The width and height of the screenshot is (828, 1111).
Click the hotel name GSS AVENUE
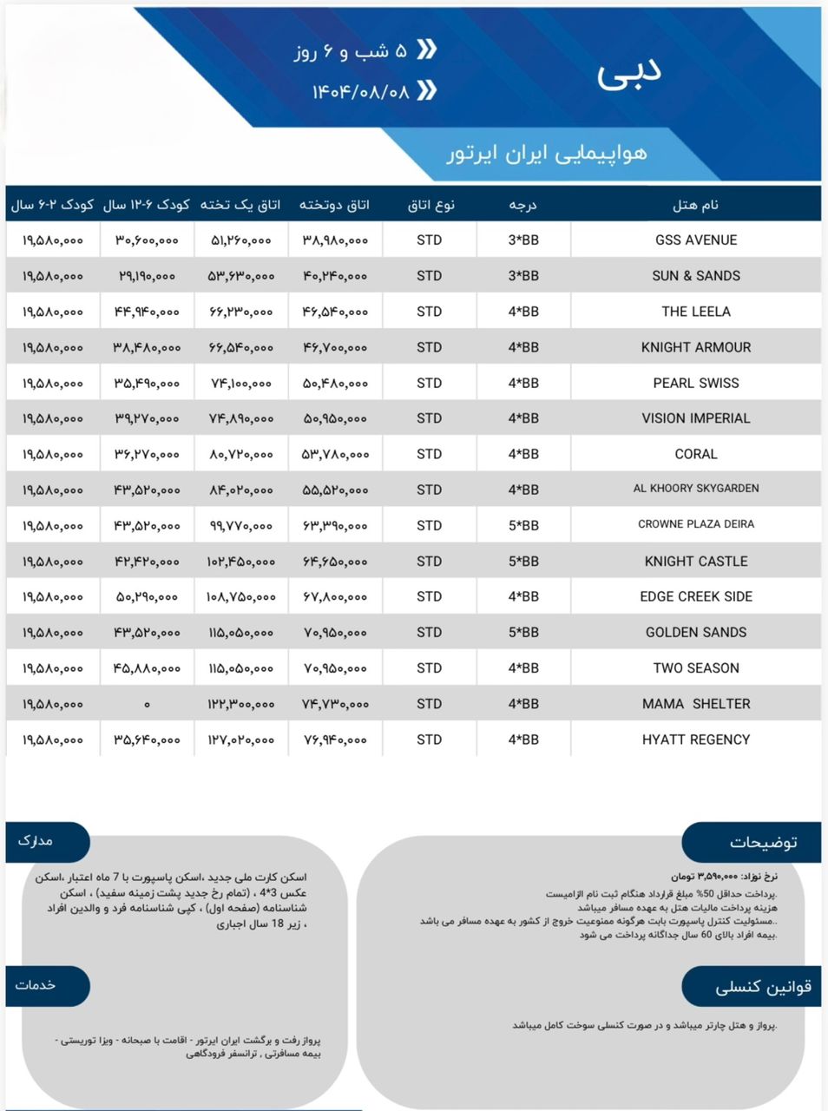pyautogui.click(x=696, y=240)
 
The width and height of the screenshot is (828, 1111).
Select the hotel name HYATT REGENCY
pyautogui.click(x=696, y=740)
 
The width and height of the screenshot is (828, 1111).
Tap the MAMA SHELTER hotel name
pyautogui.click(x=696, y=704)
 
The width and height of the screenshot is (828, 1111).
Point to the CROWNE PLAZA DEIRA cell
pyautogui.click(x=696, y=524)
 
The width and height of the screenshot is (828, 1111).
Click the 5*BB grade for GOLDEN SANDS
pyautogui.click(x=523, y=633)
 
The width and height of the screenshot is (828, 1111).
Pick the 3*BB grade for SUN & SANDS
pyautogui.click(x=523, y=276)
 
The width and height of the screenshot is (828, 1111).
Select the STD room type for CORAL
pyautogui.click(x=429, y=454)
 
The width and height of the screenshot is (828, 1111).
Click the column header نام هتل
pyautogui.click(x=695, y=206)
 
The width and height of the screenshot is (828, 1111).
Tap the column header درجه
pyautogui.click(x=522, y=206)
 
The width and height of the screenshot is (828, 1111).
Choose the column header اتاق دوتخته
pyautogui.click(x=334, y=206)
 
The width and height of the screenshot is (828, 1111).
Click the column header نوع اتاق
pyautogui.click(x=430, y=206)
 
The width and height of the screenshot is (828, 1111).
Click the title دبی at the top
pyautogui.click(x=629, y=75)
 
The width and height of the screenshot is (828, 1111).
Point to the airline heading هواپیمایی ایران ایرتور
pyautogui.click(x=547, y=154)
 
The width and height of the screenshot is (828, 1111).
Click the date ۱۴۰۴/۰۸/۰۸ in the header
pyautogui.click(x=360, y=91)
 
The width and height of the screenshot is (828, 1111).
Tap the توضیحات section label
pyautogui.click(x=763, y=842)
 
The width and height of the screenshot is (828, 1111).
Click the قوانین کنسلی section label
pyautogui.click(x=763, y=988)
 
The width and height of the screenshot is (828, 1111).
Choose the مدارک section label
pyautogui.click(x=36, y=841)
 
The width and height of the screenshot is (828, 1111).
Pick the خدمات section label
pyautogui.click(x=36, y=985)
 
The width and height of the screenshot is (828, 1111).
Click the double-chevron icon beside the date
pyautogui.click(x=426, y=90)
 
